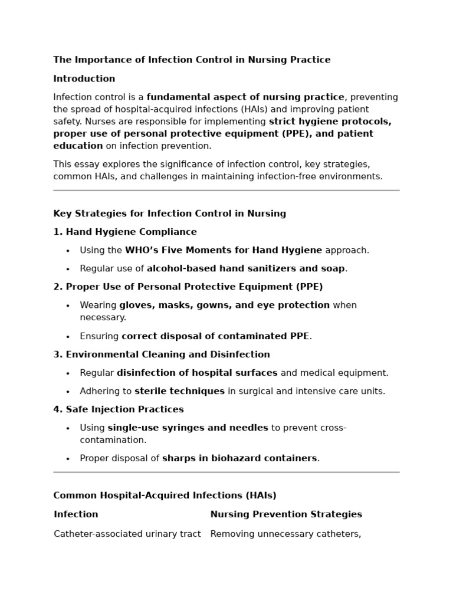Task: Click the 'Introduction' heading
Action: tap(84, 79)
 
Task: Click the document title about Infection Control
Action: tap(192, 60)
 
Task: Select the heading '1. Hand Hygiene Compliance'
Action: tap(125, 232)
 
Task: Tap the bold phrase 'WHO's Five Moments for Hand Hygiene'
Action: tap(224, 251)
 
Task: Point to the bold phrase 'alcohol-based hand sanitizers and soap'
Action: tap(246, 269)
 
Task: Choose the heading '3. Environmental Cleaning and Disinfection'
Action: tap(162, 355)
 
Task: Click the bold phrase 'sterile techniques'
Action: tap(180, 392)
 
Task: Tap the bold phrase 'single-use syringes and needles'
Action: tap(188, 428)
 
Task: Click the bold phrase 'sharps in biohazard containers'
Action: tap(239, 459)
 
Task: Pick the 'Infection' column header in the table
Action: tap(76, 515)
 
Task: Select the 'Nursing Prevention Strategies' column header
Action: tap(286, 515)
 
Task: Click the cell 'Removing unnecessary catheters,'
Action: tap(285, 534)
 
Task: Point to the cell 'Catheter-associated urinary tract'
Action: tap(127, 534)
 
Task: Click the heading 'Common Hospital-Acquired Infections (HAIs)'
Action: tap(165, 496)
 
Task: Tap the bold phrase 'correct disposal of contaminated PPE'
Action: tap(215, 337)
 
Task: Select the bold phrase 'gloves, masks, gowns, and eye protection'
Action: tap(225, 306)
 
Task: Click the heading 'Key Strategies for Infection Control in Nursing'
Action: tap(169, 214)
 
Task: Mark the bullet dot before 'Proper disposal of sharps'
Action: tap(68, 459)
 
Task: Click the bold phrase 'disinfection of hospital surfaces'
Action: tap(197, 373)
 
